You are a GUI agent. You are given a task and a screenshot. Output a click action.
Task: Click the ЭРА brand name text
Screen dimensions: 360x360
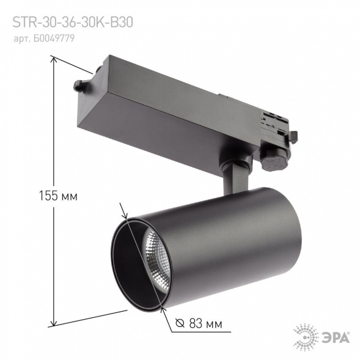point(337,336)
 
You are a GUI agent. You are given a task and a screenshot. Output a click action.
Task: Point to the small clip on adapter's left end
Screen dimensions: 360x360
point(79,85)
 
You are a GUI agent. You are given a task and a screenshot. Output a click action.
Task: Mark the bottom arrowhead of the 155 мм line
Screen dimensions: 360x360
point(54,324)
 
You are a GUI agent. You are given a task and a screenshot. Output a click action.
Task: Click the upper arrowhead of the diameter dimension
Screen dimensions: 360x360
point(126,217)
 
